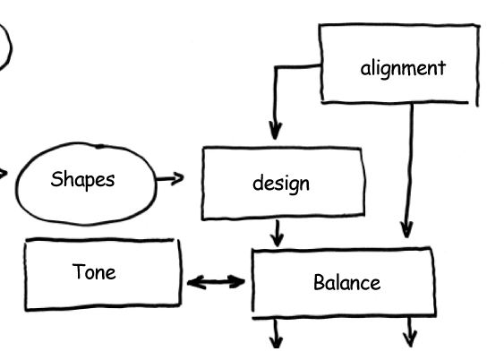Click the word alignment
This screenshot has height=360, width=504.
(402, 68)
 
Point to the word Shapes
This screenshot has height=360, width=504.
(82, 179)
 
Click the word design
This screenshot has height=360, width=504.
(280, 184)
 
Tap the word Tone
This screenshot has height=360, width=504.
(94, 271)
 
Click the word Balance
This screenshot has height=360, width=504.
(346, 283)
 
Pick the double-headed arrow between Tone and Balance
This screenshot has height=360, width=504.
(216, 282)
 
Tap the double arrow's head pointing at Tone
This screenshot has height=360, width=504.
(193, 283)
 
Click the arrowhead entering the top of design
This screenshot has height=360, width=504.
(276, 131)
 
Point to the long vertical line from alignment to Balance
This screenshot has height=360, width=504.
(410, 170)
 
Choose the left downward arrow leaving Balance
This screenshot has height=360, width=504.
(276, 331)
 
